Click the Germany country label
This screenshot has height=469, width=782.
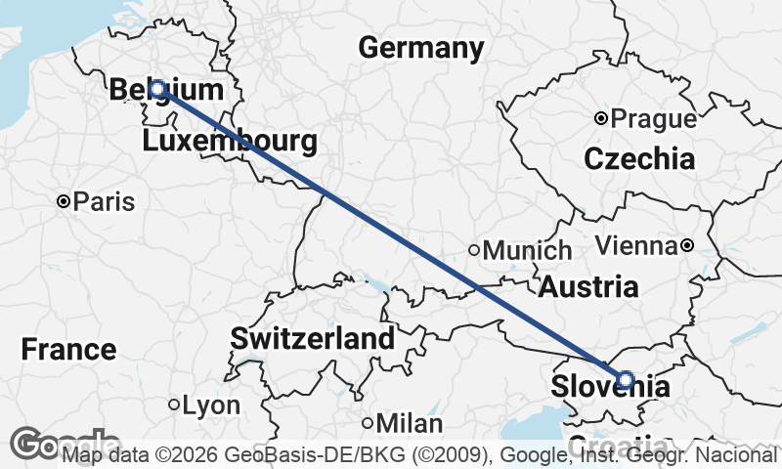[421, 48]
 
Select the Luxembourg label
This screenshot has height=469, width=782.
[230, 142]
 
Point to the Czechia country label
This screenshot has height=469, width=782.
[639, 158]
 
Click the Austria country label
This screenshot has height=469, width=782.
[588, 287]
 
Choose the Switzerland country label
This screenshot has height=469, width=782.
[313, 339]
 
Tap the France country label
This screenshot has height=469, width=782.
[68, 349]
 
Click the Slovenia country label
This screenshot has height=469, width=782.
[611, 387]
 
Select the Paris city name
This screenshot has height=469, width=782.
[105, 202]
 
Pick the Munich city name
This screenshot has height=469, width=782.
[527, 250]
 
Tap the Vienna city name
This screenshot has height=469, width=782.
[635, 245]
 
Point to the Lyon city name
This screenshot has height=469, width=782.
[211, 405]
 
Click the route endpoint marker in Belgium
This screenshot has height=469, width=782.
[156, 89]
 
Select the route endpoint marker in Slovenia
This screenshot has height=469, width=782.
[626, 379]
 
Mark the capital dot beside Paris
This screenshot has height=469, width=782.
[64, 202]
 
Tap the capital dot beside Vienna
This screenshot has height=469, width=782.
[687, 245]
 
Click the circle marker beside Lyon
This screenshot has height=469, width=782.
[174, 405]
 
